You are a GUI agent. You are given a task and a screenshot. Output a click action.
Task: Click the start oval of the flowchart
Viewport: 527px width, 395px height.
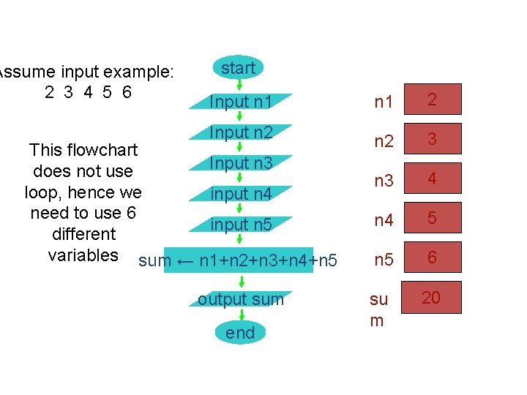pyautogui.click(x=239, y=68)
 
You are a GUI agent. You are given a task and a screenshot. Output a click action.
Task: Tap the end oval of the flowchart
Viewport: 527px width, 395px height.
pyautogui.click(x=241, y=333)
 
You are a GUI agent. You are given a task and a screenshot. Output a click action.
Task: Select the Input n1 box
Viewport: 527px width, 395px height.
pyautogui.click(x=240, y=102)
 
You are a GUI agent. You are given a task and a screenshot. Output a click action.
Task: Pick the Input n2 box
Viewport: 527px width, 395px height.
pyautogui.click(x=240, y=132)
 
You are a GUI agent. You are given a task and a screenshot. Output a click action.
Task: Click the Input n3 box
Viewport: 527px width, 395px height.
pyautogui.click(x=240, y=163)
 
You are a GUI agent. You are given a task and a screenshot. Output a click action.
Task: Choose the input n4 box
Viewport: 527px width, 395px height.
pyautogui.click(x=240, y=194)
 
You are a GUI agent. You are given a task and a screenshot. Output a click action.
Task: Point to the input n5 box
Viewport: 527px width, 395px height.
pyautogui.click(x=240, y=225)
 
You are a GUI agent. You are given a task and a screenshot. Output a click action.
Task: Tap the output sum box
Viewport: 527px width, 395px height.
pyautogui.click(x=240, y=298)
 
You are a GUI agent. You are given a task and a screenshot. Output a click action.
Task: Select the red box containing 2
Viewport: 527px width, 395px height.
pyautogui.click(x=433, y=100)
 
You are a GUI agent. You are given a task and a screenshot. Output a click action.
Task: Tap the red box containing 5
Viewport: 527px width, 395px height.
pyautogui.click(x=433, y=218)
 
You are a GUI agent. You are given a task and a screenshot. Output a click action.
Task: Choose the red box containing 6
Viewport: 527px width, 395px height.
pyautogui.click(x=433, y=257)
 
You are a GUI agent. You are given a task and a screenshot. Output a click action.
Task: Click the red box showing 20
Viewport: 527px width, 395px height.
pyautogui.click(x=432, y=297)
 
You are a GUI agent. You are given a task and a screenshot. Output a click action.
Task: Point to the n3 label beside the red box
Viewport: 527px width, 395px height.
pyautogui.click(x=384, y=181)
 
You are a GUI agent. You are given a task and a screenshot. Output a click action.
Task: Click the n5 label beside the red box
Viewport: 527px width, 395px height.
pyautogui.click(x=384, y=260)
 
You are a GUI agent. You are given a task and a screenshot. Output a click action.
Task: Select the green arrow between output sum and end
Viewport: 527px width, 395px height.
pyautogui.click(x=242, y=315)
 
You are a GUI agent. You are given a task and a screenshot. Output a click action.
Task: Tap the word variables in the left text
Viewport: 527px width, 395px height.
pyautogui.click(x=83, y=255)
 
